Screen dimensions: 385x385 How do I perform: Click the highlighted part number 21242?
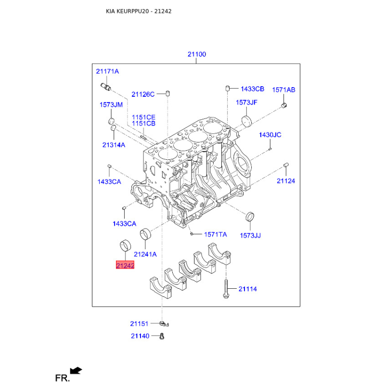125,265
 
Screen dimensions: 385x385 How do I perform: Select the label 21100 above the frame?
197,54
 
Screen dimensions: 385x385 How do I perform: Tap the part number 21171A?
107,71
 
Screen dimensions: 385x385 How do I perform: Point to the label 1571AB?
283,90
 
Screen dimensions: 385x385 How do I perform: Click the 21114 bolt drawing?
226,289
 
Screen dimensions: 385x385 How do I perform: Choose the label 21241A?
145,255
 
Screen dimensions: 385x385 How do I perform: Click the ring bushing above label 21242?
125,245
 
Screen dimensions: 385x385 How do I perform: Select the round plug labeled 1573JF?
247,121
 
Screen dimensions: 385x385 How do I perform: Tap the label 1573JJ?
250,235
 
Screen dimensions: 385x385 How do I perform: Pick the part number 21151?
139,323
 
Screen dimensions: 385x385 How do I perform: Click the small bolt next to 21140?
162,336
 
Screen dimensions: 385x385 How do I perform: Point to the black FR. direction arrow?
76,370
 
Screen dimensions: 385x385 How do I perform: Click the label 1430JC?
270,135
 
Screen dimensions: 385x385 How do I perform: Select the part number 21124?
286,181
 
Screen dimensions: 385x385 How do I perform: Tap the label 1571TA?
215,234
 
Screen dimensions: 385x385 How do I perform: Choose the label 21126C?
143,94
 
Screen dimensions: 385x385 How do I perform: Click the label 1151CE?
143,117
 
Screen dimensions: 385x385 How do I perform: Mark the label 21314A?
114,145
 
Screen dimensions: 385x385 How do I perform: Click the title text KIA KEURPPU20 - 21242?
139,11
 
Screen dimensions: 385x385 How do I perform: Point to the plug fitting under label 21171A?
106,87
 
